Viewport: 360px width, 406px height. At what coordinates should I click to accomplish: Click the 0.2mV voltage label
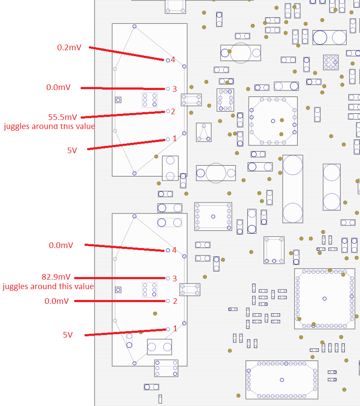tap(69, 48)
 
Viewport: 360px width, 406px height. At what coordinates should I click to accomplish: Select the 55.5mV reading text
tap(63, 117)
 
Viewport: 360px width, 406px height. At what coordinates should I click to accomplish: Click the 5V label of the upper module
tap(72, 151)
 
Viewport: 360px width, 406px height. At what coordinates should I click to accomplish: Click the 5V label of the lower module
tap(68, 335)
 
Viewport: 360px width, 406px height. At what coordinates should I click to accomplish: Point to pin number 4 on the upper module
tap(173, 60)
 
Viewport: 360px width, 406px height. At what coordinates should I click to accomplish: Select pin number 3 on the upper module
tap(175, 89)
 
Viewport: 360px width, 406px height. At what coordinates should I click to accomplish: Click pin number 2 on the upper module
tap(173, 112)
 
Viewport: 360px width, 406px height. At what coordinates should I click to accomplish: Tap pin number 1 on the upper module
tap(175, 139)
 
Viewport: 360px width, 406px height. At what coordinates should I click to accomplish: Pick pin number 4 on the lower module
tap(174, 250)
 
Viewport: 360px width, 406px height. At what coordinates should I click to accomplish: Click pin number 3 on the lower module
tap(175, 278)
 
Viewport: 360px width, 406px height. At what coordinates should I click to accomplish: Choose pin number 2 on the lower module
tap(175, 301)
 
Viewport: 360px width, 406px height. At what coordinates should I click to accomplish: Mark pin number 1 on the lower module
tap(175, 329)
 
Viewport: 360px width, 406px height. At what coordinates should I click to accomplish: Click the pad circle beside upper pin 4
tap(168, 60)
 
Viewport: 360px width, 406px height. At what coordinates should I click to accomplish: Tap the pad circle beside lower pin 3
tap(168, 278)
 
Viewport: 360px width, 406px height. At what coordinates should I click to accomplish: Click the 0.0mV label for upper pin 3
tap(58, 87)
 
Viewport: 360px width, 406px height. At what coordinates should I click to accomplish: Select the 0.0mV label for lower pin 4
tap(61, 245)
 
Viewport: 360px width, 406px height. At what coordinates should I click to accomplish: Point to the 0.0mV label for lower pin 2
tap(56, 301)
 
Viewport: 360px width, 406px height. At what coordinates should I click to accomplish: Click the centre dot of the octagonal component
tap(272, 121)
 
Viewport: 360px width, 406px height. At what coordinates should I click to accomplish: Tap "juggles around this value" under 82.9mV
tap(48, 287)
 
